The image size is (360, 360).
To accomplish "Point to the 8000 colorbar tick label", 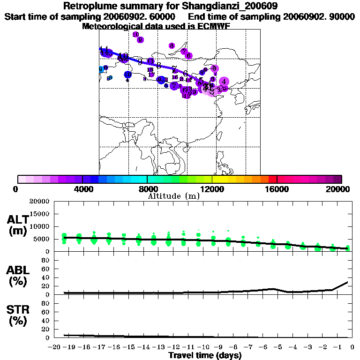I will (147, 189).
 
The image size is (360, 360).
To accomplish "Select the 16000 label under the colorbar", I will (277, 189).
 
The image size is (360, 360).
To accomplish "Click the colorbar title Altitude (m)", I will (173, 196).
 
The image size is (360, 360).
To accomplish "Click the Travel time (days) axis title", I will (205, 356).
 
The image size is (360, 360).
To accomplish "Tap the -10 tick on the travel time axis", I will (203, 347).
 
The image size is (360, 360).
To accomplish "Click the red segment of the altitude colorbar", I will (272, 179).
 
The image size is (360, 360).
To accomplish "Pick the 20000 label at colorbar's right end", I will (338, 189).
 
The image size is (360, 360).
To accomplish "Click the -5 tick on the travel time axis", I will (278, 347).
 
